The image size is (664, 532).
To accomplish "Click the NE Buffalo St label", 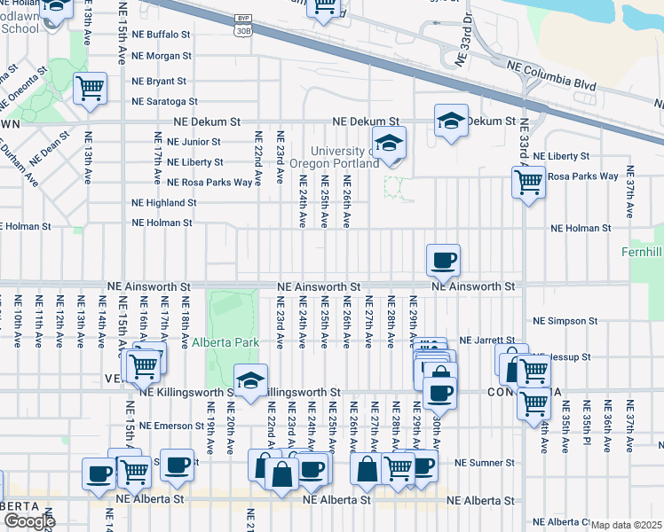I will (162, 35).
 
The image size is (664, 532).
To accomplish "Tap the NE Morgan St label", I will (161, 56).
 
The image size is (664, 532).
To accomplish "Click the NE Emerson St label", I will (162, 426).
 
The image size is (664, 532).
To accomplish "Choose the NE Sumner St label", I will (484, 463).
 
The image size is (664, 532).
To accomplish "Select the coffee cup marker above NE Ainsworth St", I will (443, 261).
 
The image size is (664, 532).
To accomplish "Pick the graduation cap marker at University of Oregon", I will (389, 143).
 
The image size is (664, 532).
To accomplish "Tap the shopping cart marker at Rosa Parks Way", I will (528, 183).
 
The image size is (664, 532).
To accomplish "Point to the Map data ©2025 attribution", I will (627, 525).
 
